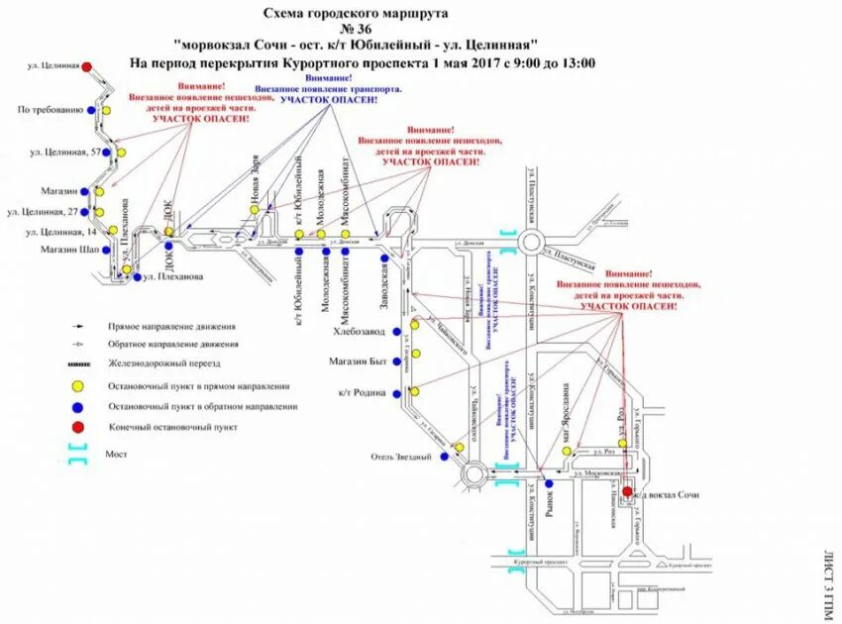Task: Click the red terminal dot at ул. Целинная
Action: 87,67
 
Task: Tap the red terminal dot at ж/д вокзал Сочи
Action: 627,490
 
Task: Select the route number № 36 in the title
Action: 357,30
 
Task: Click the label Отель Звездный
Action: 401,457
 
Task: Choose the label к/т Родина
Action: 364,393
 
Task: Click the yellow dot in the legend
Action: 74,386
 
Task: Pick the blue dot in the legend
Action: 74,406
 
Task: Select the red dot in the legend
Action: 74,427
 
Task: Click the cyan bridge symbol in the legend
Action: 74,454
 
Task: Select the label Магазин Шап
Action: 46,249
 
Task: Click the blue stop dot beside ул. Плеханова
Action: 136,276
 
